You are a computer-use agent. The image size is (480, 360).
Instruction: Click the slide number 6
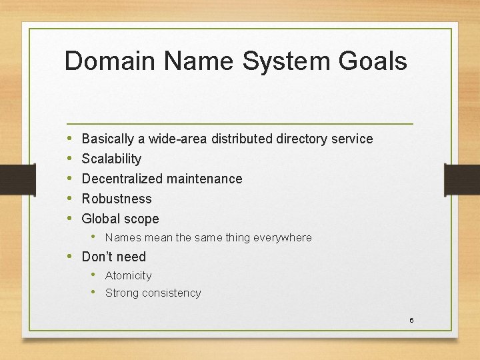click(411, 321)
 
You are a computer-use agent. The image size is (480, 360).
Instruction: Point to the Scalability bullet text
click(111, 159)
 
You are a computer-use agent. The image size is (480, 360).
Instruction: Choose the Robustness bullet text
click(116, 199)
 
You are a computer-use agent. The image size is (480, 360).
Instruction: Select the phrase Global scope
click(120, 219)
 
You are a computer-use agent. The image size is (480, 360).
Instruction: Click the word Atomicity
click(128, 275)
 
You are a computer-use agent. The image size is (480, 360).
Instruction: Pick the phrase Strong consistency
click(153, 293)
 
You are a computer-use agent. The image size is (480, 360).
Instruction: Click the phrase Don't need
click(113, 257)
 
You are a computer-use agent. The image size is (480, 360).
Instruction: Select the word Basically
click(107, 139)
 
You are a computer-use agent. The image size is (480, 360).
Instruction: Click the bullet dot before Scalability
click(70, 159)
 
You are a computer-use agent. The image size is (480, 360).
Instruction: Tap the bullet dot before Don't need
click(70, 257)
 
